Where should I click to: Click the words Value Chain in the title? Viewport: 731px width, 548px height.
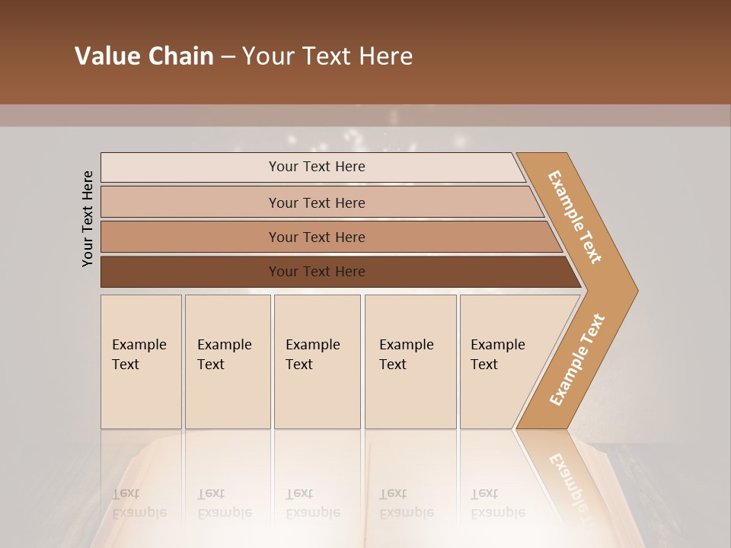[144, 56]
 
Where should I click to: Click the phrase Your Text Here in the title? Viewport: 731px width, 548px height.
[327, 56]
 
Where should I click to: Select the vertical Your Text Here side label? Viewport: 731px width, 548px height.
[88, 219]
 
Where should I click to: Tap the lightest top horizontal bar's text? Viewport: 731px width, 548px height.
[317, 167]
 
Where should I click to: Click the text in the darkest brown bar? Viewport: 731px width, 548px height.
[317, 272]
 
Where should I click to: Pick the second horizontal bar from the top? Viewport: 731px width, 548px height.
[317, 203]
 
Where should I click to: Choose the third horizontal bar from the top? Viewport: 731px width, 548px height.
[317, 237]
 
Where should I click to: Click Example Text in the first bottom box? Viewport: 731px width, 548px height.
[139, 355]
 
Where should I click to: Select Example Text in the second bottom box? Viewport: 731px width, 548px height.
[224, 355]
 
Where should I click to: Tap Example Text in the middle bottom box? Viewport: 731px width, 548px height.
[312, 355]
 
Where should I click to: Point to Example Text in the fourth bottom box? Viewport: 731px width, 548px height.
[406, 355]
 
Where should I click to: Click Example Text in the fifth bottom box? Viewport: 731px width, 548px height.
[497, 355]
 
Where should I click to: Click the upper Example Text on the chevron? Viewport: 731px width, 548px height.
[575, 216]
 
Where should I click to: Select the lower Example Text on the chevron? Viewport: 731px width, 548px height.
[577, 360]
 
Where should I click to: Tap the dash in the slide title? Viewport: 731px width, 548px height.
[228, 57]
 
